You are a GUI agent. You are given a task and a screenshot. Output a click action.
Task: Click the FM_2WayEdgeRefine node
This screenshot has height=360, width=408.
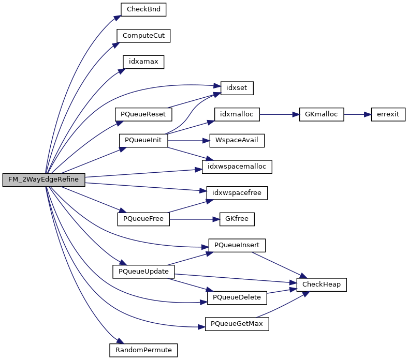click(43, 180)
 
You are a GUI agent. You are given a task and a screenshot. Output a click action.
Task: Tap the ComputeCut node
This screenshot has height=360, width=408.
click(143, 36)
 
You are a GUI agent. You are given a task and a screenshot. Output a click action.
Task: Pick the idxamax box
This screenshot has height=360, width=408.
click(143, 62)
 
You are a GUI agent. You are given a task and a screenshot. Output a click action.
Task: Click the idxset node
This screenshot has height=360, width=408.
click(237, 88)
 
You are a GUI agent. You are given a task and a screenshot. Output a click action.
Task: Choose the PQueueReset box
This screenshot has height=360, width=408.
click(143, 114)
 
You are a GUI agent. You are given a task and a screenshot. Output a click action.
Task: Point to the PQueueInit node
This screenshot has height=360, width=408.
click(143, 140)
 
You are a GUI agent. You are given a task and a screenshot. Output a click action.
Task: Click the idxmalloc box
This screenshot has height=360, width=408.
click(237, 114)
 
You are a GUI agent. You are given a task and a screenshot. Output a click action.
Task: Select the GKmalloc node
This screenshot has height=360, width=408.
click(322, 114)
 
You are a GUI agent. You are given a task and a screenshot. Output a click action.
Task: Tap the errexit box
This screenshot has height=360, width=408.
click(388, 114)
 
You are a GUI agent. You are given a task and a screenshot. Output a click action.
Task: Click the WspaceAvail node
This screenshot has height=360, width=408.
click(237, 140)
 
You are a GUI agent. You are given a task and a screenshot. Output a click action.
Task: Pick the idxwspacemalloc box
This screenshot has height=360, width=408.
click(237, 167)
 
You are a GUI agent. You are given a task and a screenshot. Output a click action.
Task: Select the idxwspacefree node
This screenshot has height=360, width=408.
click(237, 193)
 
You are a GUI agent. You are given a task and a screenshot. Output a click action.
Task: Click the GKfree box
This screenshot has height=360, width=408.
click(237, 219)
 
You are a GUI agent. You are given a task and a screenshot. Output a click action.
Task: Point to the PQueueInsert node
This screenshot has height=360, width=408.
click(237, 245)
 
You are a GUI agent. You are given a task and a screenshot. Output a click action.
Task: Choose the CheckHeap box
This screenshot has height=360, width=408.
click(321, 284)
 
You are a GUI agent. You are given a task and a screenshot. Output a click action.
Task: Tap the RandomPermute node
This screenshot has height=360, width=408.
click(143, 350)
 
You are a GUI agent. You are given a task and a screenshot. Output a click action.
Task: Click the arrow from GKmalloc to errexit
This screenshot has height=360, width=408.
click(357, 114)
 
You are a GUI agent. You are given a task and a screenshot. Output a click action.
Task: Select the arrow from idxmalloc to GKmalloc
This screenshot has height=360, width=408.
click(279, 114)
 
